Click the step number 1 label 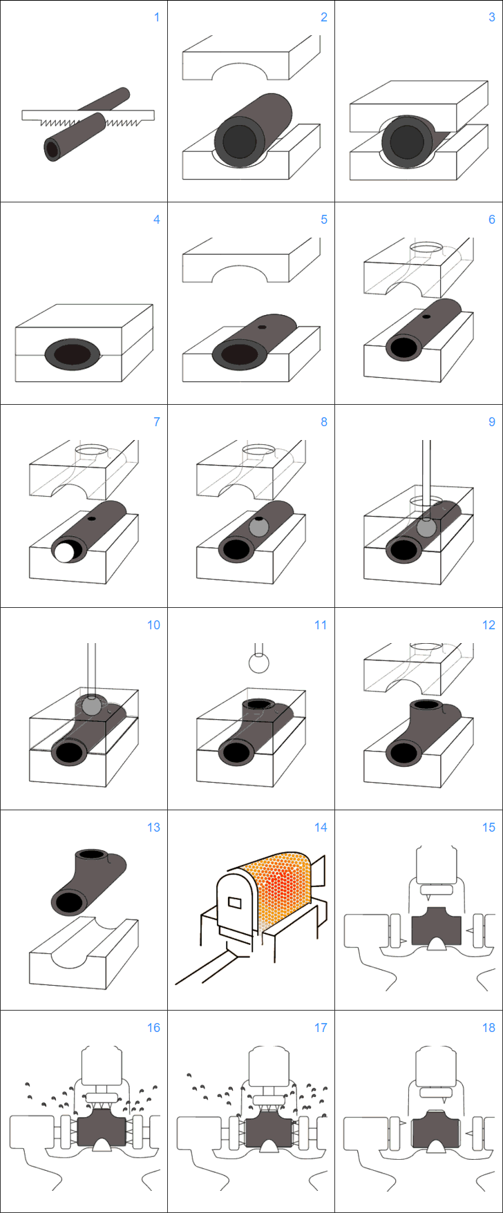tap(157, 17)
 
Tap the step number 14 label tap(321, 828)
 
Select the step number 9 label tap(492, 422)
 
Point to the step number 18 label tap(488, 1028)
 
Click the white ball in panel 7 tap(66, 553)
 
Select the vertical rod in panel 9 tap(426, 480)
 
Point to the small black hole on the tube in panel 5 tap(262, 327)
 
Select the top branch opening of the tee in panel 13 tap(91, 854)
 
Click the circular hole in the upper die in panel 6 tap(426, 247)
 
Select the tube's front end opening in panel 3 tap(407, 142)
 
